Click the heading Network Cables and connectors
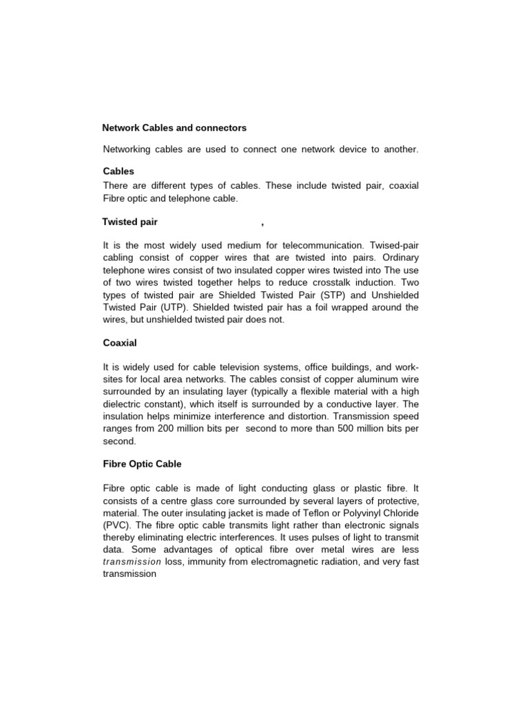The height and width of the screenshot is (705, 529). pos(174,128)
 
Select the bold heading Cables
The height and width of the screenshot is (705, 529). pos(118,171)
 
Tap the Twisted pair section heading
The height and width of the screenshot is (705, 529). pos(130,222)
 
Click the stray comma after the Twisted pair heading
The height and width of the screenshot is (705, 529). pos(262,224)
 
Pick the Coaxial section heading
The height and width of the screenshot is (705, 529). pos(120,343)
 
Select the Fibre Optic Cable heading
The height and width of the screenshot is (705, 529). pos(143,464)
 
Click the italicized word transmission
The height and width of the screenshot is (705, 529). pos(132,562)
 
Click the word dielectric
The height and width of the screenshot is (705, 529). pos(125,404)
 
